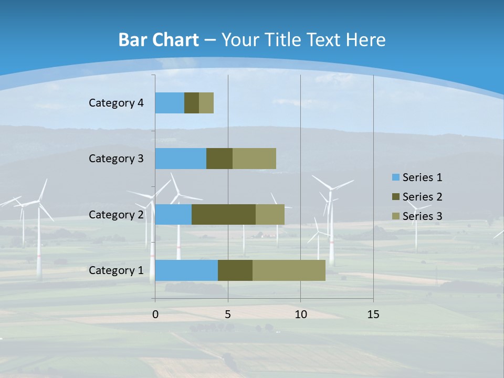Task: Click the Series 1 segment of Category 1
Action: (186, 270)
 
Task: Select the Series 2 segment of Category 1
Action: (235, 270)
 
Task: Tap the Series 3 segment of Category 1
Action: (289, 270)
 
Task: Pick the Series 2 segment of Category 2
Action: (224, 214)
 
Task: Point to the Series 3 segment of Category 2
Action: (270, 214)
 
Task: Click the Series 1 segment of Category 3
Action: (181, 159)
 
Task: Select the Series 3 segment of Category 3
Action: (254, 159)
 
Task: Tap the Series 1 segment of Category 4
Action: (170, 103)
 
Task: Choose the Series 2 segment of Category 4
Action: (192, 103)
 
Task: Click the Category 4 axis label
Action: (116, 103)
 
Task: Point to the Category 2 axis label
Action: (116, 214)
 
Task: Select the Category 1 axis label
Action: (116, 270)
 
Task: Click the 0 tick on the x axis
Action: (155, 314)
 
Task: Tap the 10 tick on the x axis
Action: (300, 314)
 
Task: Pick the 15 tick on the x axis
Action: (373, 314)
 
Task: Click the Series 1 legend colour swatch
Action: (395, 177)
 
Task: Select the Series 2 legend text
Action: (422, 197)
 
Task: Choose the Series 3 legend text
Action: (422, 216)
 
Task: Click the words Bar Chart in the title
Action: (159, 40)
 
